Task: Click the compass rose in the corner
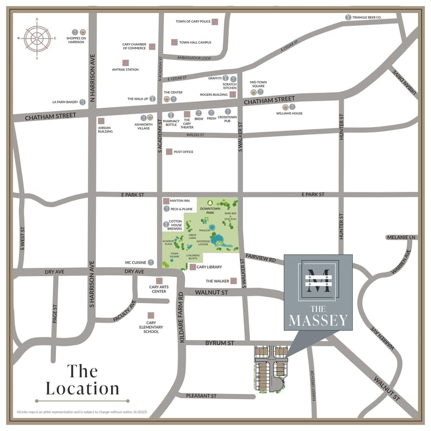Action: point(37,39)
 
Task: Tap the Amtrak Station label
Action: point(125,70)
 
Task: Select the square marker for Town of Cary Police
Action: point(214,22)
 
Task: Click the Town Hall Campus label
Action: point(195,42)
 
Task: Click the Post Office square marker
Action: point(169,152)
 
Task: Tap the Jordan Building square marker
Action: point(101,121)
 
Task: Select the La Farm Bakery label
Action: point(65,101)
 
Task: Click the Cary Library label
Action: point(208,267)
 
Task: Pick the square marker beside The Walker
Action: point(234,281)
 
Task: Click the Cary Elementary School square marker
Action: point(151,316)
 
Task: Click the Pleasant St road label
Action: point(201,396)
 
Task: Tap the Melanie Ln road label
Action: point(402,238)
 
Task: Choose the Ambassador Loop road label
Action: point(191,58)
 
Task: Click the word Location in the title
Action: point(82,388)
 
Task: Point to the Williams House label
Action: point(289,114)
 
